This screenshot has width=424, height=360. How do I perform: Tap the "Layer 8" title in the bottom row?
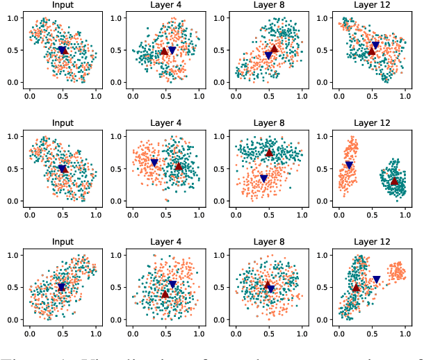click(x=268, y=242)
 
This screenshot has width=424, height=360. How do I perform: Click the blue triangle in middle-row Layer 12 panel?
click(x=349, y=165)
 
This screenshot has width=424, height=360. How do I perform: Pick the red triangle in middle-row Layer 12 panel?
click(x=394, y=181)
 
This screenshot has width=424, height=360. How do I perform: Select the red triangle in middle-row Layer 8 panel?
click(x=270, y=153)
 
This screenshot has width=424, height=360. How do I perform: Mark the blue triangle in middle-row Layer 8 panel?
click(x=263, y=179)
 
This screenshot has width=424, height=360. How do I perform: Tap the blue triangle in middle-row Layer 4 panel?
click(x=154, y=163)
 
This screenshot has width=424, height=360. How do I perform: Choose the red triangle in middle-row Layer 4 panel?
click(x=178, y=167)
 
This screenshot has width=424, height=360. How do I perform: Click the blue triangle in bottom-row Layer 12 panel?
click(x=376, y=279)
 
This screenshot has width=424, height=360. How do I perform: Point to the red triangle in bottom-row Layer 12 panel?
click(x=356, y=288)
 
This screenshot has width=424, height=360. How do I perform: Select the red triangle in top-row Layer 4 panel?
click(x=164, y=51)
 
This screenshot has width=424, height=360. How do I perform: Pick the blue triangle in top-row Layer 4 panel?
click(x=172, y=51)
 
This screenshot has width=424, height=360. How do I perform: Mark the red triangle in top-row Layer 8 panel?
click(x=274, y=49)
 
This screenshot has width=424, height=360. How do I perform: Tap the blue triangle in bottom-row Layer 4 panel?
click(x=172, y=284)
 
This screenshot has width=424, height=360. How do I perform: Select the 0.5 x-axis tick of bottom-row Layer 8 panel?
click(x=268, y=333)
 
